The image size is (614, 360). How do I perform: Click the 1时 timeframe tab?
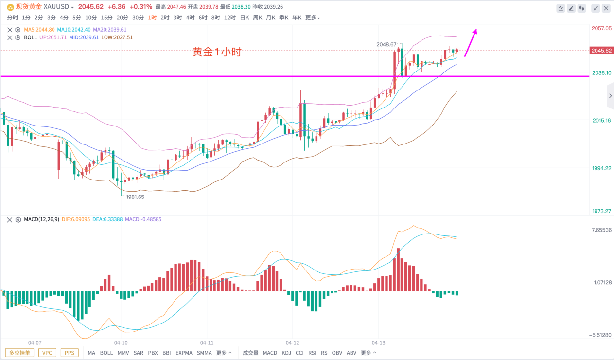[153, 18]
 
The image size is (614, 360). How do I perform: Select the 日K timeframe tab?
[245, 18]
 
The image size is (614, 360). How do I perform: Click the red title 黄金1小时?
[217, 52]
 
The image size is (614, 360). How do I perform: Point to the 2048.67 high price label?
[386, 44]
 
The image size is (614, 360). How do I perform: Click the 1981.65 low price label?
[135, 197]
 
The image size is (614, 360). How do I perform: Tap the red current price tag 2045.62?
[601, 51]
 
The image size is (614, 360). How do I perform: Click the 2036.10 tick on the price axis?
[601, 73]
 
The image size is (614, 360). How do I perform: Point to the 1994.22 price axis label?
[601, 168]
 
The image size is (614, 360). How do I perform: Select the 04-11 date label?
[207, 342]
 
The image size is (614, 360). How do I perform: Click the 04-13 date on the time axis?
[379, 342]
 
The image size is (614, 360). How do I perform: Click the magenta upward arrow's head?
[475, 32]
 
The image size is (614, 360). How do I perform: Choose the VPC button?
[47, 353]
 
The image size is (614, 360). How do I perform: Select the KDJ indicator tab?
[287, 353]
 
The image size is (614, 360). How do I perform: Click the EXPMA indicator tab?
[184, 353]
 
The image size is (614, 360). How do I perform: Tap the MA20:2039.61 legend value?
[110, 30]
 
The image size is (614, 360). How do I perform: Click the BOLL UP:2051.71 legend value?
[53, 37]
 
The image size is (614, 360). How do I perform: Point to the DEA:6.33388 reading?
[106, 219]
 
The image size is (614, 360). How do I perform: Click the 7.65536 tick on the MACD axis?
[601, 230]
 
